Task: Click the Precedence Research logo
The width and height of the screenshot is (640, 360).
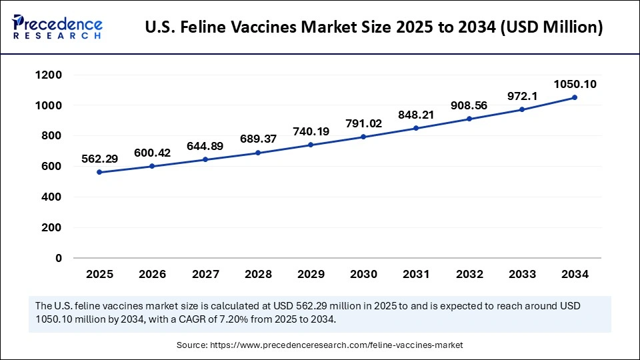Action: point(57,26)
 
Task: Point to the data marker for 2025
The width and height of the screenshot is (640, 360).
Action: point(99,172)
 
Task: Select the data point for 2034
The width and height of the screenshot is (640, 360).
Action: point(575,97)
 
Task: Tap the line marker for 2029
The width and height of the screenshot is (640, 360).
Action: point(311,145)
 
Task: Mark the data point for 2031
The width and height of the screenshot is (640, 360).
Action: point(416,128)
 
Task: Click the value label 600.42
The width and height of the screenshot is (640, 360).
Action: point(152,153)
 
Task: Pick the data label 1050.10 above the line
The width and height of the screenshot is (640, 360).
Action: point(575,84)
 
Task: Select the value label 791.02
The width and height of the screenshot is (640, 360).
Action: point(363,123)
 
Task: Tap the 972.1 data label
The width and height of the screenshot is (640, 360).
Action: point(522,97)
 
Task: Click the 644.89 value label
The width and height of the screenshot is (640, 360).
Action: point(205,145)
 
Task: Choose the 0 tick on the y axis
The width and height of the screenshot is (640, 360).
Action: point(59,258)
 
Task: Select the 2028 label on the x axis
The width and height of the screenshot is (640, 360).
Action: point(258,274)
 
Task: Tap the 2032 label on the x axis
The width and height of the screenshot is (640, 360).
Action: point(469,274)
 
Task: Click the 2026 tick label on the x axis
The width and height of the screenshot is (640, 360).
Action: point(152,274)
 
